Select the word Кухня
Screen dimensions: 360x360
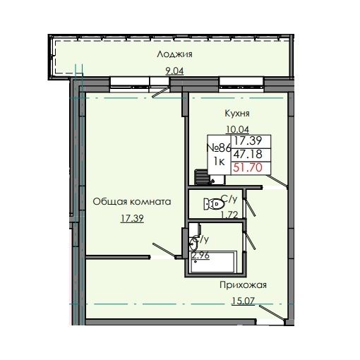tap(236, 113)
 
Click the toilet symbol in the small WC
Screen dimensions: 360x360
tap(210, 204)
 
